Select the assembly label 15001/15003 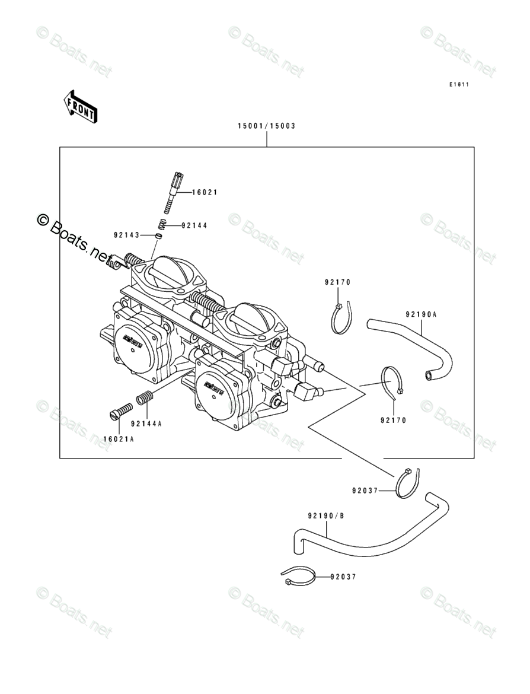tap(266, 126)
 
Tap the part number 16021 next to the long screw tap(205, 192)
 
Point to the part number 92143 tap(126, 235)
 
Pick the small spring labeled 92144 tap(161, 225)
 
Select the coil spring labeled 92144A tap(145, 398)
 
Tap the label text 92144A tap(146, 424)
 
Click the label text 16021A tap(119, 440)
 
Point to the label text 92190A tap(421, 314)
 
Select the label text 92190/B tap(325, 515)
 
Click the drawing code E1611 tap(459, 85)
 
